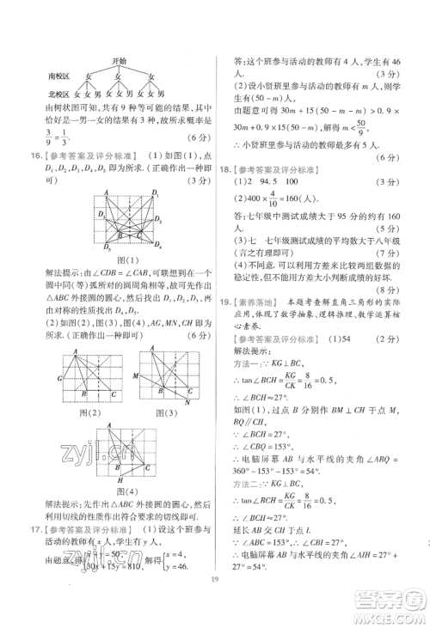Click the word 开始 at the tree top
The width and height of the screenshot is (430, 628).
(120, 62)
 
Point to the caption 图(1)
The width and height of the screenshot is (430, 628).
(129, 258)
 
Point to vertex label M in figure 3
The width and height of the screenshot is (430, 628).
(135, 376)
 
